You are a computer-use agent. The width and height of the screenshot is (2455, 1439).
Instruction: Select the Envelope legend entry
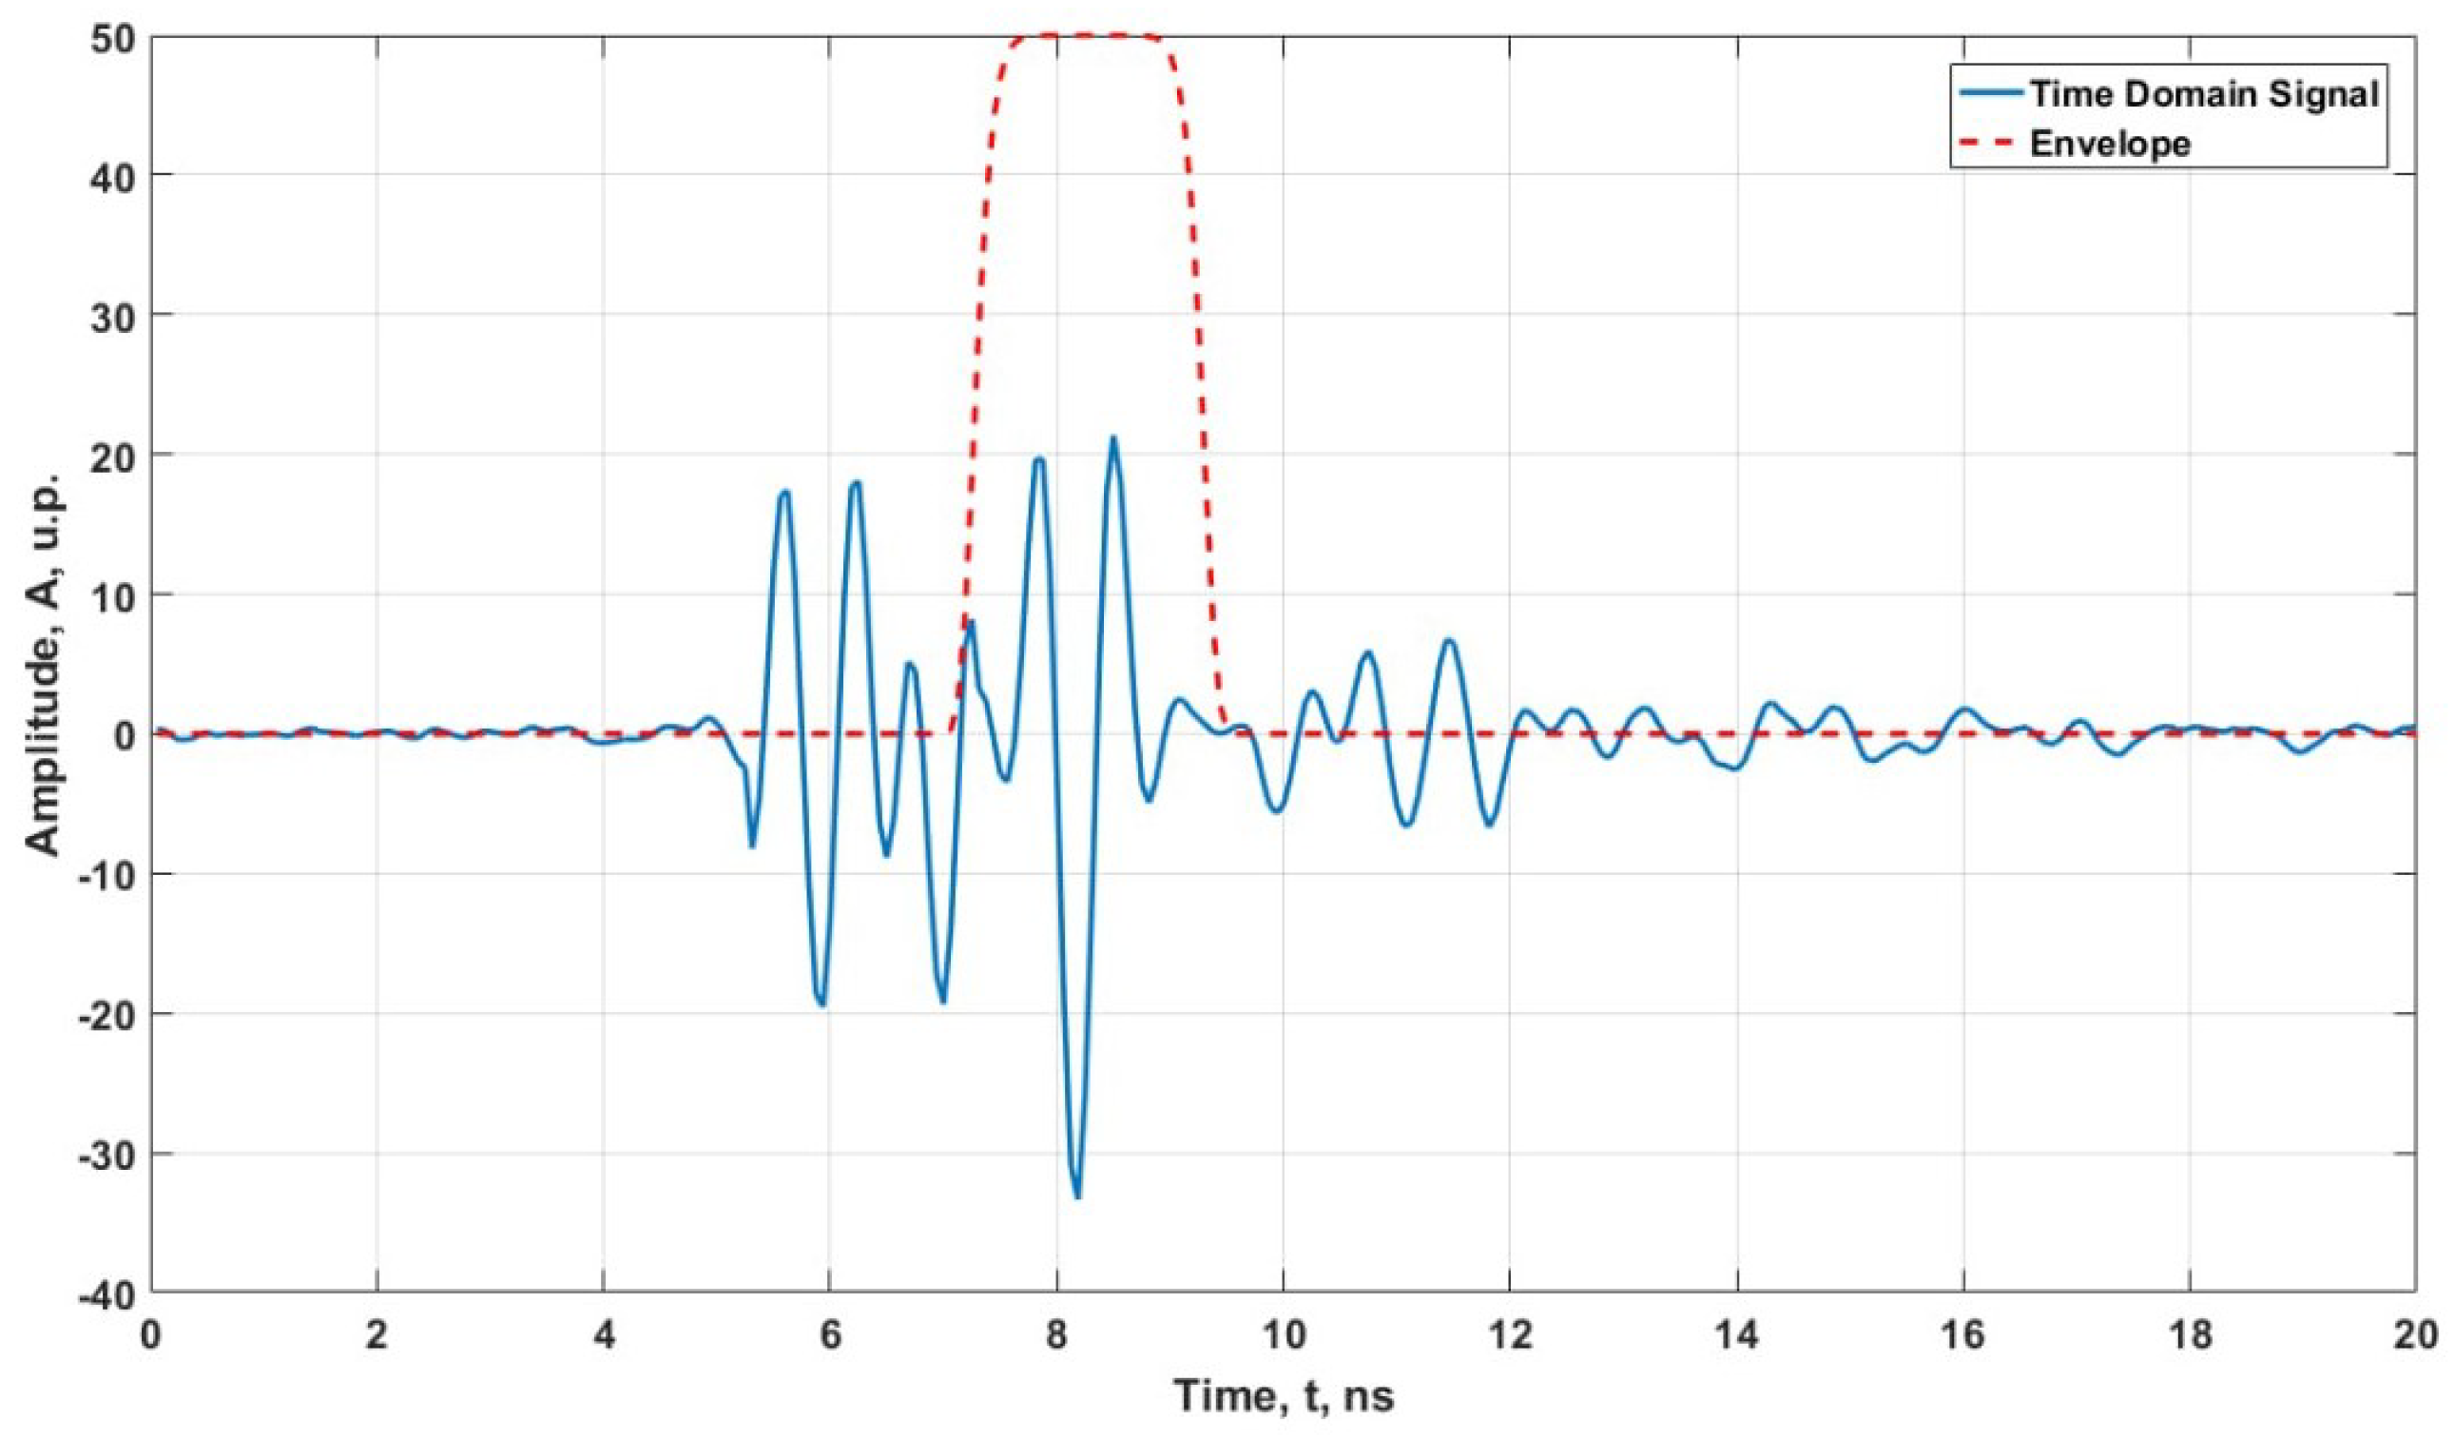point(2110,144)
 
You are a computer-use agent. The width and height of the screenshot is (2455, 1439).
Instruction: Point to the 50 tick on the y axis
point(115,36)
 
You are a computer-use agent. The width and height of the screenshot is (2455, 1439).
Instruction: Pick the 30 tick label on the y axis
point(115,315)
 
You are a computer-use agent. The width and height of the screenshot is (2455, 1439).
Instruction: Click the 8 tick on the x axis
point(1056,1334)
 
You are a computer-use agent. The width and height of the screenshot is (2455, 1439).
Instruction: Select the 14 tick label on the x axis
point(1736,1334)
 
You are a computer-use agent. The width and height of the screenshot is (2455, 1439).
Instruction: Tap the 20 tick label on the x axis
point(2414,1334)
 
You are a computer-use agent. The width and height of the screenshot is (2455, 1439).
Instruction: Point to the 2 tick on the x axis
point(377,1334)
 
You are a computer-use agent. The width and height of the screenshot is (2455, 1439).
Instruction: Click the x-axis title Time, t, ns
point(1284,1395)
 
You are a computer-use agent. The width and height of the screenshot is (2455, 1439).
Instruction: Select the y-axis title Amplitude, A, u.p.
point(43,665)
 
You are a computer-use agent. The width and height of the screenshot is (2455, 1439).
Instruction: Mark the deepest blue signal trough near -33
point(1076,1196)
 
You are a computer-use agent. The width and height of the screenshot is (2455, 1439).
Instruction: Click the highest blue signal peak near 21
point(1112,438)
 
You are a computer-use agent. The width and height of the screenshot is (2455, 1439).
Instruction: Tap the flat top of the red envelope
point(1081,35)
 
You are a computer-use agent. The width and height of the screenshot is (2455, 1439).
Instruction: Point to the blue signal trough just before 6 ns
point(823,1003)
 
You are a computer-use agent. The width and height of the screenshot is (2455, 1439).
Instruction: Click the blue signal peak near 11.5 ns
point(1449,640)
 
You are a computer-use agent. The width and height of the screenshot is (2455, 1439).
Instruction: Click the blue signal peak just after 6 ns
point(856,482)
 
